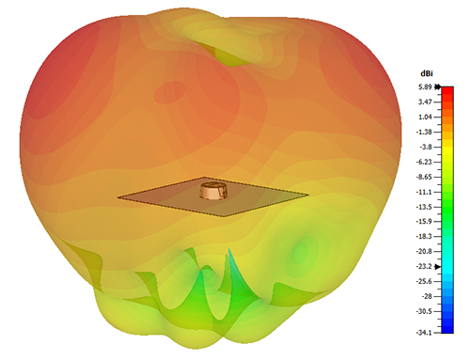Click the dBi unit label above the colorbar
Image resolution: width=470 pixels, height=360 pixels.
pyautogui.click(x=426, y=74)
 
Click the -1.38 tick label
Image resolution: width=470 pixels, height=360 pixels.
pyautogui.click(x=426, y=133)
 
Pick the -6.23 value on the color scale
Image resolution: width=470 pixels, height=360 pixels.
pyautogui.click(x=426, y=163)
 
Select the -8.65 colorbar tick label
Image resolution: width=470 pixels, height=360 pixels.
pyautogui.click(x=426, y=178)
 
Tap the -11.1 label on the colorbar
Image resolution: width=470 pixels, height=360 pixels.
pyautogui.click(x=426, y=192)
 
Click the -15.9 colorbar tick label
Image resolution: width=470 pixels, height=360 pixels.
pyautogui.click(x=426, y=222)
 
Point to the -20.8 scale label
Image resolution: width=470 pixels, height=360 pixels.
pyautogui.click(x=426, y=252)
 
